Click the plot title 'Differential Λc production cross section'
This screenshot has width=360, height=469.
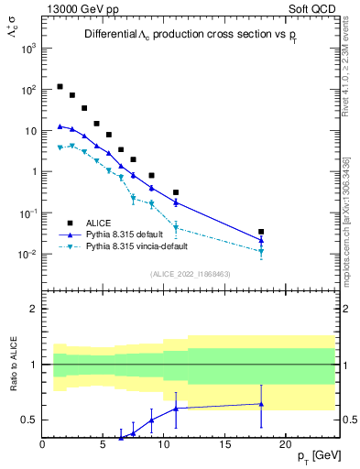(188, 34)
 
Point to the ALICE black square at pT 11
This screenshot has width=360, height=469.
(176, 192)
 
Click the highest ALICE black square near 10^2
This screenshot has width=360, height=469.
(60, 87)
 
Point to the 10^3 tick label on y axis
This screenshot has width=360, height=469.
(27, 49)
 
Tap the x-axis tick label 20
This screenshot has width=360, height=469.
(285, 445)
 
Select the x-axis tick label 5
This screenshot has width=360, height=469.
(104, 445)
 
